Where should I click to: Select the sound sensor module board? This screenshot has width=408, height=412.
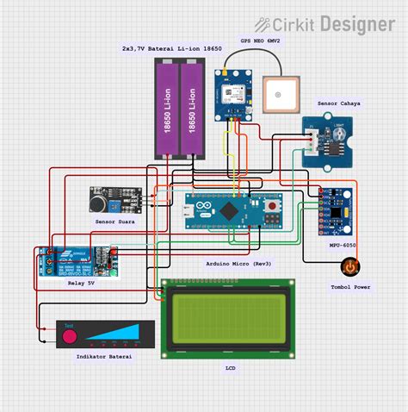[x=114, y=200]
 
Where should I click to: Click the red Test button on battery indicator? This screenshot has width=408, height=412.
[x=69, y=336]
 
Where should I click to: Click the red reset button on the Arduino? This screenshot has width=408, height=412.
[x=275, y=208]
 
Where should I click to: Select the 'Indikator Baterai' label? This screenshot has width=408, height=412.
[x=104, y=356]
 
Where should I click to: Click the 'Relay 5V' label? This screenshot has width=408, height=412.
[x=80, y=282]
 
